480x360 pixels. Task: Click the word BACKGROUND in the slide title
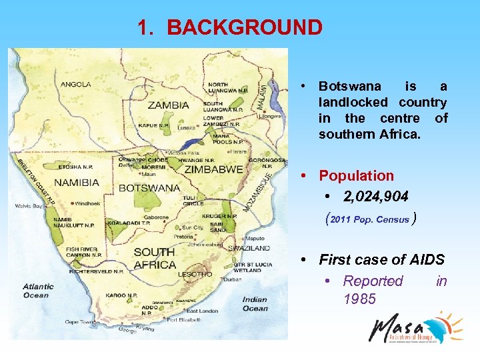point(244,27)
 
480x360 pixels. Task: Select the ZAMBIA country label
point(168,105)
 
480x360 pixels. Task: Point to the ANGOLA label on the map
point(76,85)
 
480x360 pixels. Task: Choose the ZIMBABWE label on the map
point(213,169)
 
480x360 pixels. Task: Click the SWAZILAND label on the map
point(250,248)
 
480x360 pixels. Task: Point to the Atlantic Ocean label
point(38,291)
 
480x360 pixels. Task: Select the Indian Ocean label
point(255,304)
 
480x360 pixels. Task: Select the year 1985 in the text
point(359,299)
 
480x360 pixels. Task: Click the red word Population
point(356,176)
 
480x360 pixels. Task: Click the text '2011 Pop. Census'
point(369,219)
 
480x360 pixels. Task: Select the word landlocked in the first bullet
point(353,102)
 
